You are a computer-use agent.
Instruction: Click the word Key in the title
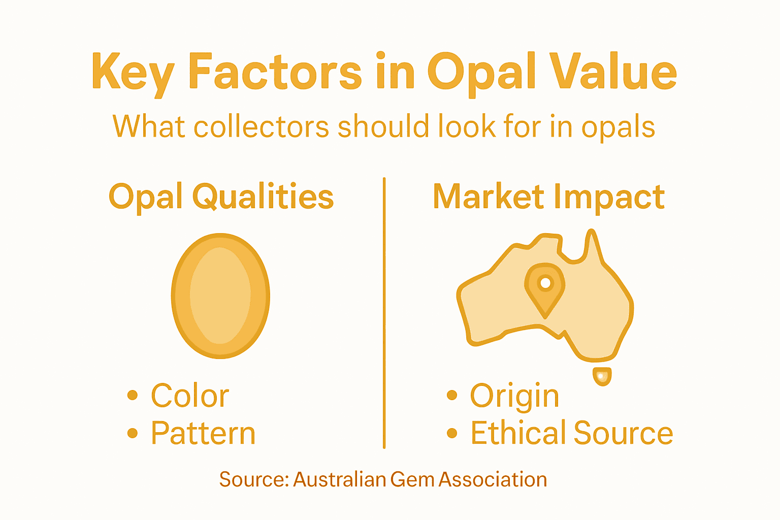(x=133, y=73)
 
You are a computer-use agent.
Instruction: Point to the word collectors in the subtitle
(x=261, y=126)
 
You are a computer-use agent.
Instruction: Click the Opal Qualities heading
(x=221, y=197)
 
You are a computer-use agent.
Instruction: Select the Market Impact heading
(x=548, y=197)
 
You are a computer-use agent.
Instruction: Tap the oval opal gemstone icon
(x=220, y=296)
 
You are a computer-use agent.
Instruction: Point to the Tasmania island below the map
(x=602, y=376)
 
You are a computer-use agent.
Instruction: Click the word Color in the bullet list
(x=190, y=396)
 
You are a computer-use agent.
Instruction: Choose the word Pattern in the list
(x=203, y=433)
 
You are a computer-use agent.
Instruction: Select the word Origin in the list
(x=514, y=396)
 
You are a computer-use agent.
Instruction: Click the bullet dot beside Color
(x=133, y=395)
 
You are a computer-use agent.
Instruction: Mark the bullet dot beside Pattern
(x=133, y=433)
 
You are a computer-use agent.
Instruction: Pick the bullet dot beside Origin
(x=452, y=395)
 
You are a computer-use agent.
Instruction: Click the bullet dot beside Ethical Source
(x=452, y=433)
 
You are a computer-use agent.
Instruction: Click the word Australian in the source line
(x=340, y=479)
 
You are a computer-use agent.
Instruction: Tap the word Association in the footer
(x=493, y=479)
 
